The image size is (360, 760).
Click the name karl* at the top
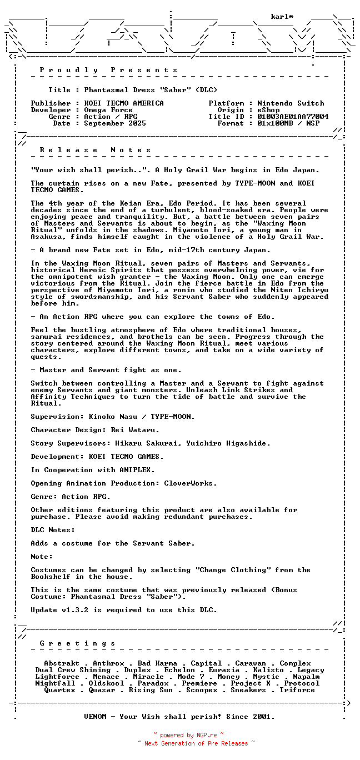282,17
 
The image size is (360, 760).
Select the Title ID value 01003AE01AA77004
293,117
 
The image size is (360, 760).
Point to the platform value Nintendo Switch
291,103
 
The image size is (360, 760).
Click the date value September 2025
115,123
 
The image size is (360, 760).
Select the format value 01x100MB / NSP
288,123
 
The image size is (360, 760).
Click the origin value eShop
268,110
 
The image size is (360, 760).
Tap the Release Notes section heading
96,150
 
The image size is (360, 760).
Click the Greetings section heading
78,643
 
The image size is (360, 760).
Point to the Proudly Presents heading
109,70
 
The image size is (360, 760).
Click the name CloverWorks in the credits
188,483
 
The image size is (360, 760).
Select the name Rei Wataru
137,430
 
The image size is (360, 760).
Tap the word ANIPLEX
137,470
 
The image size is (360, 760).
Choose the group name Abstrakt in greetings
62,663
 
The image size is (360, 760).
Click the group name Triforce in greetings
297,690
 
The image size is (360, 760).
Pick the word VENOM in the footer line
95,717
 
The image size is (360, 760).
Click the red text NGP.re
206,735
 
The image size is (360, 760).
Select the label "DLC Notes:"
53,530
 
